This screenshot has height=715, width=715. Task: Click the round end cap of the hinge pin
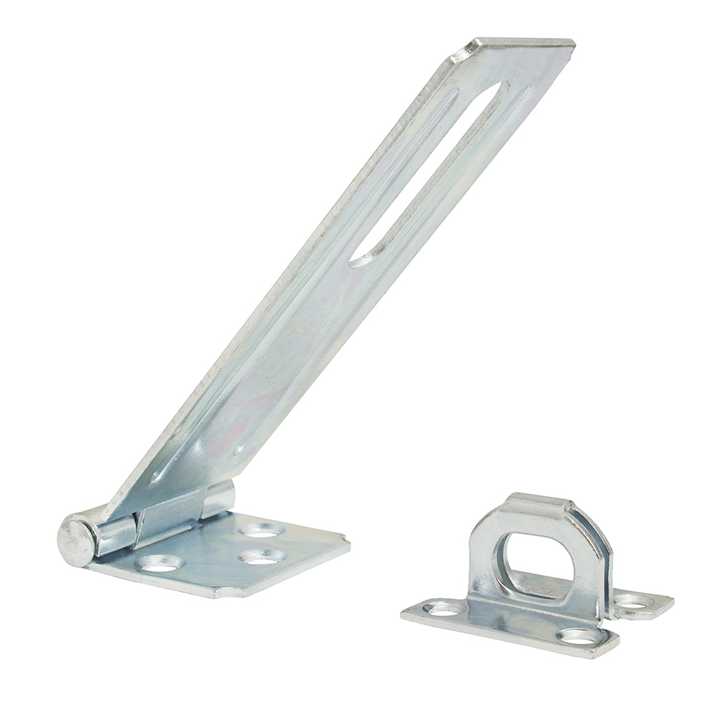pos(76,541)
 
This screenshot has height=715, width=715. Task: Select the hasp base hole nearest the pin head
pos(159,563)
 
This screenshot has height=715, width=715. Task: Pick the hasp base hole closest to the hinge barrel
pos(261,530)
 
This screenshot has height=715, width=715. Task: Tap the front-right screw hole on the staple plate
pos(576,635)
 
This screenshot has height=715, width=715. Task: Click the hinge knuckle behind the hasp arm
pos(218,497)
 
